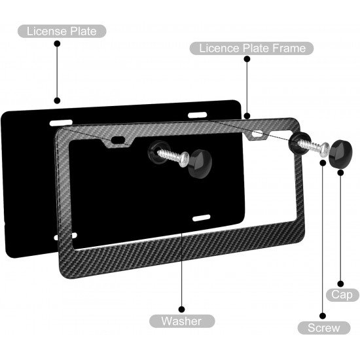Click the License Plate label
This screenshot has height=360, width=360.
[x=62, y=31]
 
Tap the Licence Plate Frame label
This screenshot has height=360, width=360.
[x=251, y=48]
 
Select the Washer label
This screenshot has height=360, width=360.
[x=182, y=321]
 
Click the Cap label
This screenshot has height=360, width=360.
[x=342, y=295]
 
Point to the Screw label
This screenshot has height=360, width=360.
[x=324, y=328]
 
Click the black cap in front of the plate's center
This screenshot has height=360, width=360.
[x=200, y=163]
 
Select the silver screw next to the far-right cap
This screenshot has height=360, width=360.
[x=314, y=146]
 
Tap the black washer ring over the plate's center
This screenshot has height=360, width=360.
[x=157, y=152]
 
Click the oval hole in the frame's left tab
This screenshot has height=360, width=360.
[x=118, y=139]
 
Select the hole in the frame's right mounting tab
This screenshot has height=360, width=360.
[x=257, y=134]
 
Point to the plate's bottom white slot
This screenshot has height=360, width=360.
[x=202, y=218]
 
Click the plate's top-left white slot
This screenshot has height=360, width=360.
[x=61, y=122]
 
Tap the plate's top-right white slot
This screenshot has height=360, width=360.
[x=198, y=115]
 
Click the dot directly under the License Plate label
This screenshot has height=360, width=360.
[x=57, y=44]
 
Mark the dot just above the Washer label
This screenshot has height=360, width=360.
[x=181, y=309]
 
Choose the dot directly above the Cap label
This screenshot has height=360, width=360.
[x=341, y=284]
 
